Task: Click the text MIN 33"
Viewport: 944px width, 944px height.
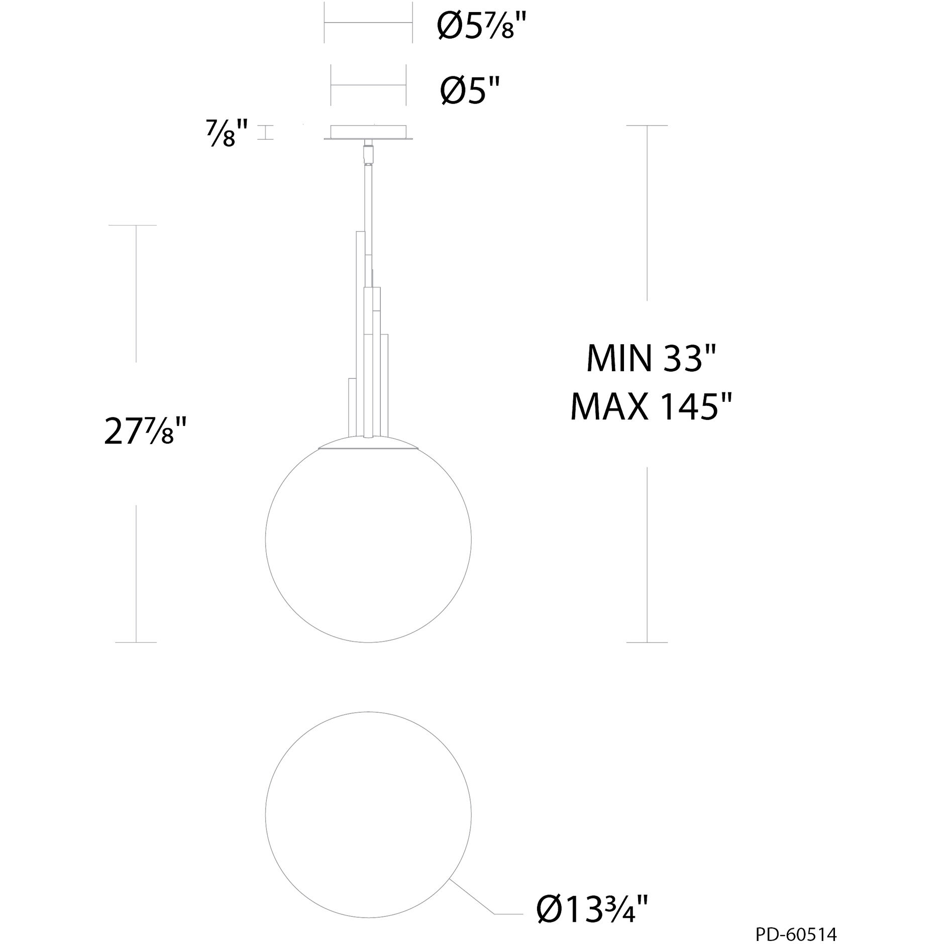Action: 651,359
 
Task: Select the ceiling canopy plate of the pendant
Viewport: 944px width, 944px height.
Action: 368,132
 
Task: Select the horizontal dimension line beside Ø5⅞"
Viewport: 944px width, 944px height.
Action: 368,23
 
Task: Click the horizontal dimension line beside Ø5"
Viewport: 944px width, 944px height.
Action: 368,85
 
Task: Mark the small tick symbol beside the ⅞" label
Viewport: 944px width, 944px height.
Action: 265,132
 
